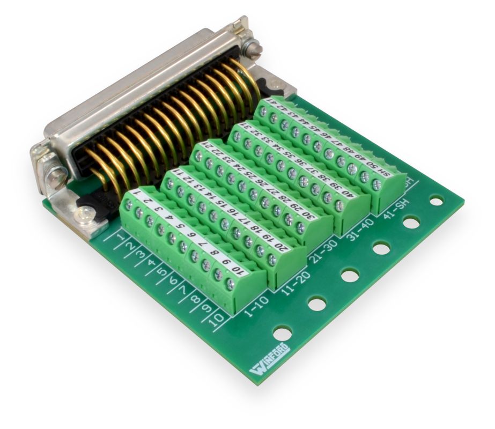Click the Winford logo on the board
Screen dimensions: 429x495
(x=270, y=359)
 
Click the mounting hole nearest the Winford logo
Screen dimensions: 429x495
(x=282, y=334)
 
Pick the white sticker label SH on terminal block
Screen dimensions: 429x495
(x=383, y=172)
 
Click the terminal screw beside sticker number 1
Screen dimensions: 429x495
(x=128, y=204)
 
